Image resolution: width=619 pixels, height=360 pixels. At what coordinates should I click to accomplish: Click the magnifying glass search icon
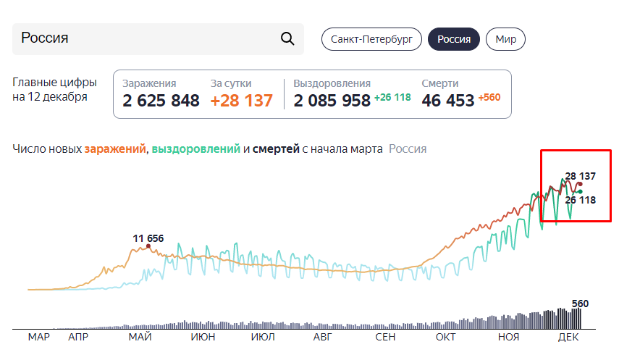coord(287,38)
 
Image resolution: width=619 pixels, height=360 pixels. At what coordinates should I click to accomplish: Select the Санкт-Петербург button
coord(371,39)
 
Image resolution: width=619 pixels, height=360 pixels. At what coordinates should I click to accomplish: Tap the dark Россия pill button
coord(454,39)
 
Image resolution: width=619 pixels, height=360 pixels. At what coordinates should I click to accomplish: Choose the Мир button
coord(506,39)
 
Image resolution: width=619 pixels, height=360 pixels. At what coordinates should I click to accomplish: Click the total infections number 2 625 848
coord(161,101)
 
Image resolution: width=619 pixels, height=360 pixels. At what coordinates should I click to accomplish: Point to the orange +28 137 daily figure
coord(241,101)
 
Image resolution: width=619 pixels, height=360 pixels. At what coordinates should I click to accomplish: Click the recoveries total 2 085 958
coord(332,101)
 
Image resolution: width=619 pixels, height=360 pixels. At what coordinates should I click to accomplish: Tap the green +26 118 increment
coord(392,97)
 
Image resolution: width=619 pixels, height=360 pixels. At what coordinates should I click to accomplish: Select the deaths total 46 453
coord(447,101)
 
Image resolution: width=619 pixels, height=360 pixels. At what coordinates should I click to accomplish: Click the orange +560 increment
coord(489,97)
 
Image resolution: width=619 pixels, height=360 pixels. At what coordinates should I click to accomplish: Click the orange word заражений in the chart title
coord(115,149)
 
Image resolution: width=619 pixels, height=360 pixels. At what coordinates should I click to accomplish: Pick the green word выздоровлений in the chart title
coord(195,149)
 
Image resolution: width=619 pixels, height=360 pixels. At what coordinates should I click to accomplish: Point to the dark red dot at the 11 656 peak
coord(148,246)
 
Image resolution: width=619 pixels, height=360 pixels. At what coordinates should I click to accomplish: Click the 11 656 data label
coord(148,238)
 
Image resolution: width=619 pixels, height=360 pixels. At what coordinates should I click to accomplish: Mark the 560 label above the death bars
coord(580,304)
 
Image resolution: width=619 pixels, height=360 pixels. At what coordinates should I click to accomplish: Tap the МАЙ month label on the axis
coord(140,337)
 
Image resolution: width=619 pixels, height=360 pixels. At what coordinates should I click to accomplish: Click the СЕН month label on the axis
coord(385,337)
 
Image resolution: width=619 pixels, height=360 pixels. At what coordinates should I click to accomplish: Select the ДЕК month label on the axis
coord(568,337)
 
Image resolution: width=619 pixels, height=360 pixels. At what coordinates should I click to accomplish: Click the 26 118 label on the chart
coord(581,200)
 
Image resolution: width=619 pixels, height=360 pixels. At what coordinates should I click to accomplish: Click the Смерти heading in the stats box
coord(439,83)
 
